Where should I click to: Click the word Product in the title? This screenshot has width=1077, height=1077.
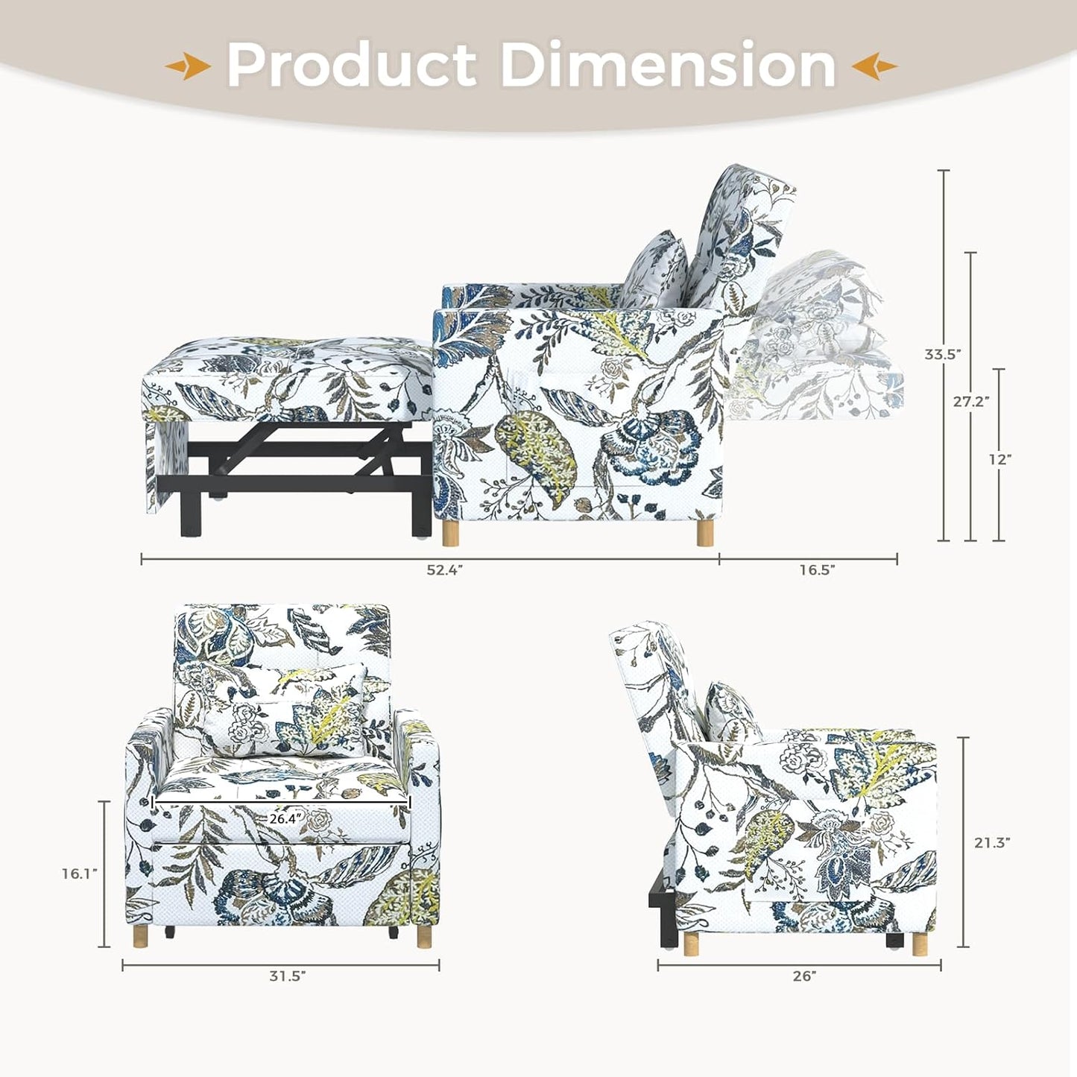(x=351, y=66)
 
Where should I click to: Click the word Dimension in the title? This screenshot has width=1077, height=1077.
(x=668, y=66)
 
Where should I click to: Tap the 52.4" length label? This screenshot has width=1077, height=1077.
(x=445, y=570)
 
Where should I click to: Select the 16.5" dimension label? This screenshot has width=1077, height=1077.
(x=817, y=570)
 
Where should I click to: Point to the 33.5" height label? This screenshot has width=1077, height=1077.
(x=941, y=355)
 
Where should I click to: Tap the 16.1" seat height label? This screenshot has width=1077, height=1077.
(x=79, y=874)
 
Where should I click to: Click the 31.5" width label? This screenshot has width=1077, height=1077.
(x=288, y=976)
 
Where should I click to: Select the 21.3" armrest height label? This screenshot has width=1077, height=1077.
(x=992, y=843)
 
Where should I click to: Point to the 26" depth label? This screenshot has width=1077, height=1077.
(x=804, y=976)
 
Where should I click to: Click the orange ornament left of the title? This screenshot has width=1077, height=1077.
(x=187, y=67)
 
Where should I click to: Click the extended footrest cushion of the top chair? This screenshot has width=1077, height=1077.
(x=287, y=376)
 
